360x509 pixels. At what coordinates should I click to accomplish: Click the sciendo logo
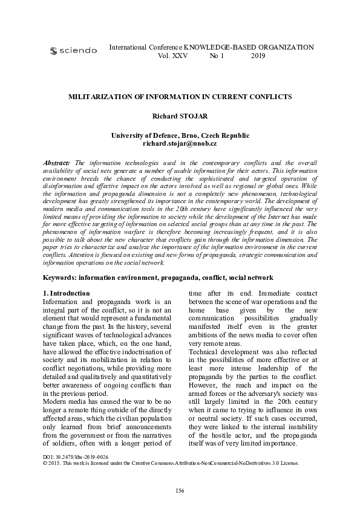pyautogui.click(x=73, y=51)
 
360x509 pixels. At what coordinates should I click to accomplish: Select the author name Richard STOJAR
pyautogui.click(x=180, y=115)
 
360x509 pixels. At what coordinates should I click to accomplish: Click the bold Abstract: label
pyautogui.click(x=57, y=163)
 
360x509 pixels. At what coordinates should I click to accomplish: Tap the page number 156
pyautogui.click(x=180, y=490)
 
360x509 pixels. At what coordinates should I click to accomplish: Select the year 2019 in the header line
pyautogui.click(x=258, y=55)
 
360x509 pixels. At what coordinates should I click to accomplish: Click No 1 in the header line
pyautogui.click(x=217, y=55)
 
